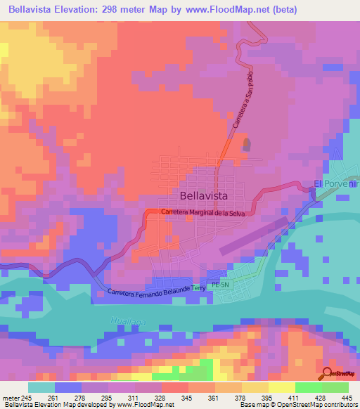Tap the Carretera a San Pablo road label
click(x=241, y=103)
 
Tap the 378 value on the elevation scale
click(x=241, y=398)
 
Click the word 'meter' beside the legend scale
click(x=10, y=398)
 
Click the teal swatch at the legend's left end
click(x=41, y=388)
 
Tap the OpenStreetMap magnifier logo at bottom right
click(x=328, y=373)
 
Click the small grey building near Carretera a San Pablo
click(x=246, y=145)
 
